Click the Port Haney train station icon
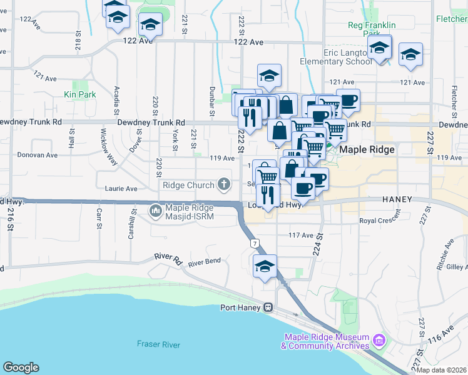(x=268, y=307)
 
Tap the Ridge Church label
(x=188, y=185)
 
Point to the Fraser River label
(x=159, y=344)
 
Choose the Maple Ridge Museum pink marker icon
(x=378, y=341)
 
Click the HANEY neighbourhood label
(x=397, y=199)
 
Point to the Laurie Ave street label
(x=121, y=188)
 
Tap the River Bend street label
(x=205, y=262)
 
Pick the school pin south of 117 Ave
(x=265, y=266)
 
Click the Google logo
(x=20, y=367)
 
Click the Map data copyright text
(x=442, y=370)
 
